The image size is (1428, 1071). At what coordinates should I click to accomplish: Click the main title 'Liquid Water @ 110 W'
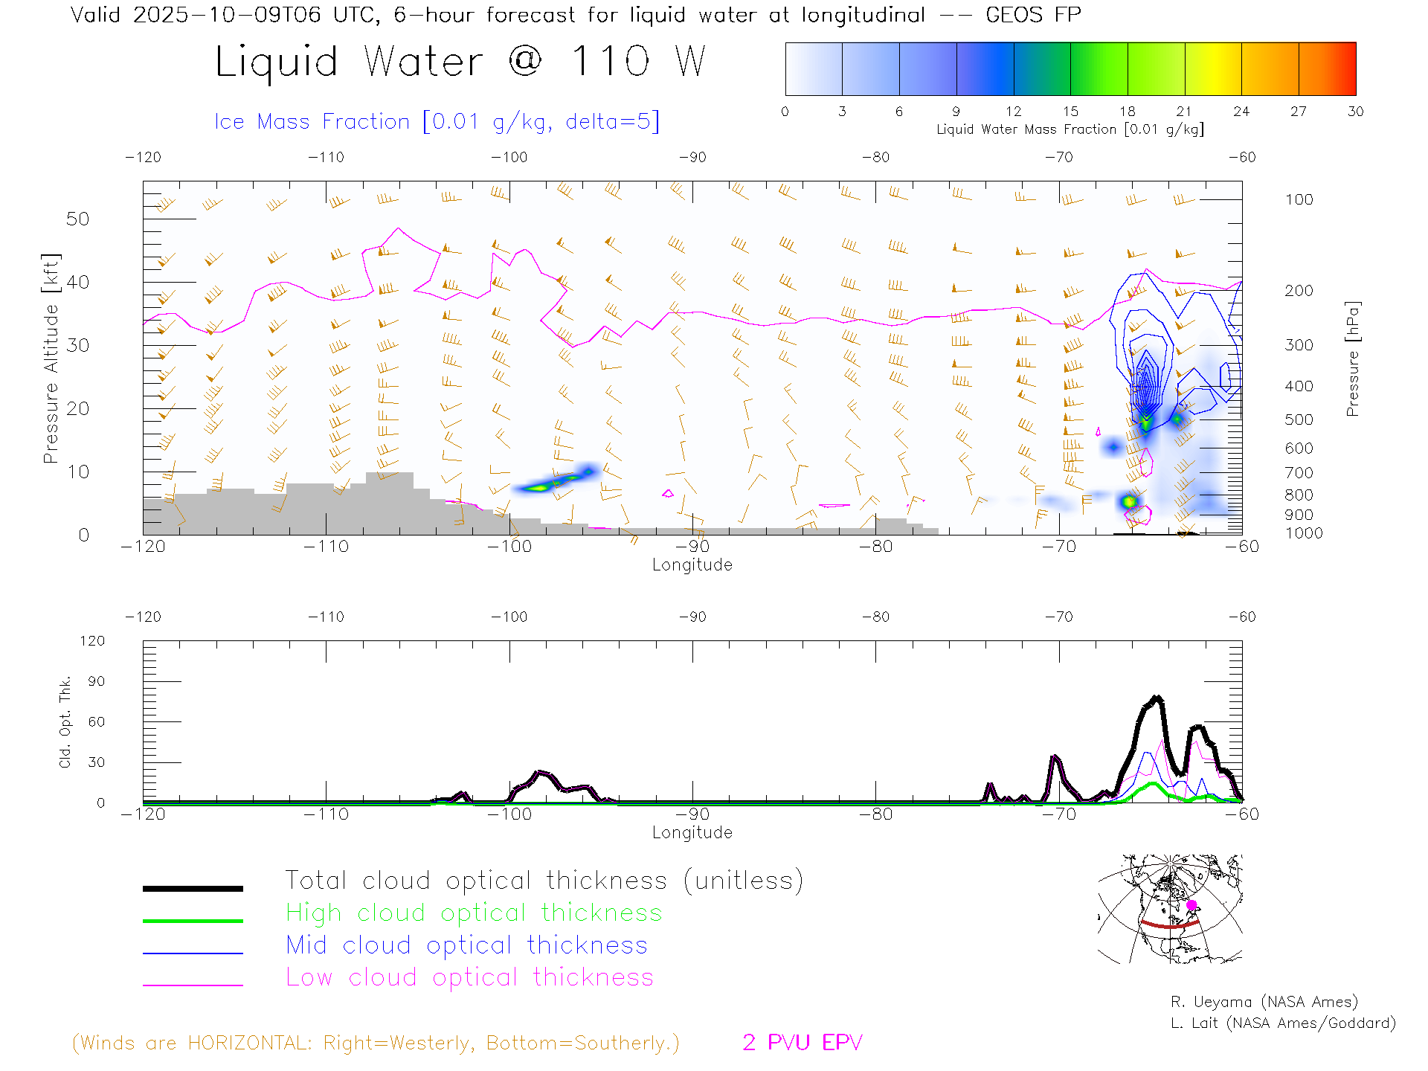point(460,62)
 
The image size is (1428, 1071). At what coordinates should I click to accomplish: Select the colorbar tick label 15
point(1070,112)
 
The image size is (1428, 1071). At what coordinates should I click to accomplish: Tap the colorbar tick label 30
point(1355,112)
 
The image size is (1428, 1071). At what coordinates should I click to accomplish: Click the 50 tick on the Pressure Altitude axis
point(77,219)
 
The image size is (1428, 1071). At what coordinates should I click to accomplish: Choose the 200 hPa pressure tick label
point(1299,291)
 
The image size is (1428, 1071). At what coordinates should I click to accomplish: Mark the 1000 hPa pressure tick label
point(1304,533)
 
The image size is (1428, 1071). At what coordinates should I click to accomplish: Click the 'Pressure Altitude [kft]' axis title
point(51,358)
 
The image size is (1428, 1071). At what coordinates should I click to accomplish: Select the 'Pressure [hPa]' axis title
point(1353,358)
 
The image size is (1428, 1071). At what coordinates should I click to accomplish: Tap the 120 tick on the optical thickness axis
point(93,641)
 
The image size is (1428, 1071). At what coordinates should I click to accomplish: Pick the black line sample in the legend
point(193,888)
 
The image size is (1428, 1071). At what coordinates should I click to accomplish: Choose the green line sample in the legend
point(193,921)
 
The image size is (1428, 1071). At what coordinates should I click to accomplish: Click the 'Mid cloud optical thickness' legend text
point(467,945)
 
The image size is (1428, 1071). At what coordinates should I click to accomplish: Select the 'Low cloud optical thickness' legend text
point(470,977)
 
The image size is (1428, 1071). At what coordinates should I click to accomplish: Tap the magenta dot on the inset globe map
point(1192,905)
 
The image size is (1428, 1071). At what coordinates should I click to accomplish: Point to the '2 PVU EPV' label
point(802,1043)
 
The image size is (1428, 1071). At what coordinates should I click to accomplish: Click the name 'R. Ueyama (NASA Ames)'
point(1264,1002)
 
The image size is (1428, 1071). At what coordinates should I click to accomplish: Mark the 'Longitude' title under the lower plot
point(692,832)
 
